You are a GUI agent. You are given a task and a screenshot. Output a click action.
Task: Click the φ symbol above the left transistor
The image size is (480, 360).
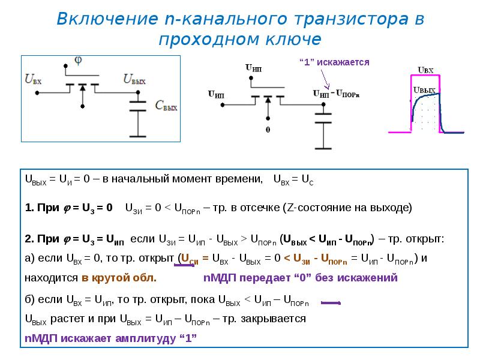78,61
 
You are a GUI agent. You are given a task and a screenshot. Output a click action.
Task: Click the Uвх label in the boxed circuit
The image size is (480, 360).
33,79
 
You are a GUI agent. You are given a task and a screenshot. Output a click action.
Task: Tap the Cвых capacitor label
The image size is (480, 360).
166,106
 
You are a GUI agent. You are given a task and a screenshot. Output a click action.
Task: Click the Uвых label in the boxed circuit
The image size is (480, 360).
134,79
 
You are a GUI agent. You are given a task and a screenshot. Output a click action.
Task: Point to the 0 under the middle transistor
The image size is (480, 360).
268,130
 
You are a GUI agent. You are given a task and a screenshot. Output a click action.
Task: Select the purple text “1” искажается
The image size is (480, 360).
334,62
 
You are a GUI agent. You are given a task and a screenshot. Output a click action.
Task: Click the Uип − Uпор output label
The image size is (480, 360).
336,94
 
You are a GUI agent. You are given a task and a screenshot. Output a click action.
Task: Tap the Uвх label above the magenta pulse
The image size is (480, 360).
425,70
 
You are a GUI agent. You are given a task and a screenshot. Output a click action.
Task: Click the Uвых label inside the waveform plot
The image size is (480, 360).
424,90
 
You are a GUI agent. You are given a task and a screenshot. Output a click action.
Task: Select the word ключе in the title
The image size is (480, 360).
293,39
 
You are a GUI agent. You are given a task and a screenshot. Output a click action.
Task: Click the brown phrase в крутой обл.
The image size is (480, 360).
119,278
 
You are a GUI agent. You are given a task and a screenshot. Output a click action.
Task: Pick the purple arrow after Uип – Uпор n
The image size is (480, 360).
331,303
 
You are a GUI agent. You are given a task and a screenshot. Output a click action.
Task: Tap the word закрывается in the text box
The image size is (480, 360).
274,319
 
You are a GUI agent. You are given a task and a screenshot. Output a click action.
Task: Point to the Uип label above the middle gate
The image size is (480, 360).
253,68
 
